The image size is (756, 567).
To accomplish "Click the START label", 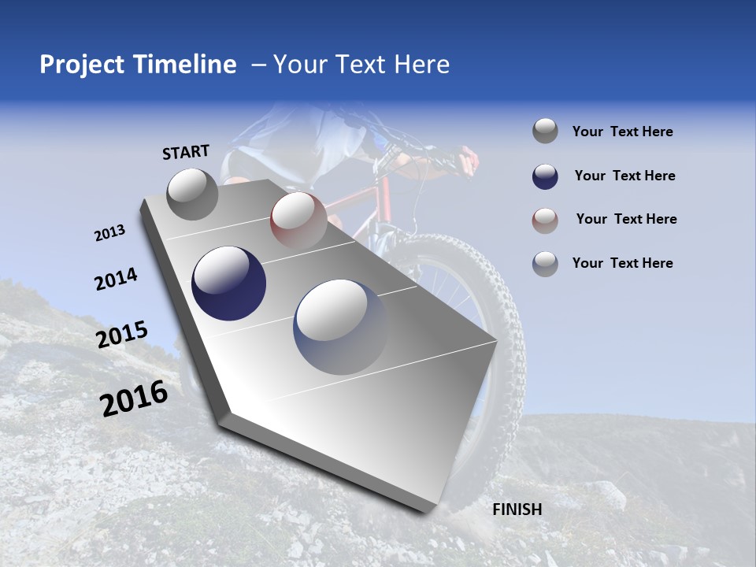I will coord(186,152).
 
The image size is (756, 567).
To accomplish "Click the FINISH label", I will coord(517,510).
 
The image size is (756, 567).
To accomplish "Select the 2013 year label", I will coord(109,233).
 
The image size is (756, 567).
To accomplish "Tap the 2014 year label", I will coord(116,279).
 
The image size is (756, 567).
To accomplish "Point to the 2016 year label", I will coord(134,398).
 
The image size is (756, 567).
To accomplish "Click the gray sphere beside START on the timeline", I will coord(193,194).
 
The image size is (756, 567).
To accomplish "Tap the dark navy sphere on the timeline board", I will coord(228,283).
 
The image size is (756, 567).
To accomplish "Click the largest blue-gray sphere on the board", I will coord(341,326).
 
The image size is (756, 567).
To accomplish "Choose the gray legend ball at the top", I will coord(545,132).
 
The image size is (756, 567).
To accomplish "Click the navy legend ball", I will coord(545,176).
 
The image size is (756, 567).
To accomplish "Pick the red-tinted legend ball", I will coord(545,220).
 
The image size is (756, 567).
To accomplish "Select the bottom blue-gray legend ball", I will coord(545,263).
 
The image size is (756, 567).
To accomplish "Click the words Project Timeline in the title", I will coord(138,65).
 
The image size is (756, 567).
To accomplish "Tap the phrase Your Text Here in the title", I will coord(361,65).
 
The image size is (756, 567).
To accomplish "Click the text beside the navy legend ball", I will coord(624,176).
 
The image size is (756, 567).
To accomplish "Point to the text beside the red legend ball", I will coord(626,219).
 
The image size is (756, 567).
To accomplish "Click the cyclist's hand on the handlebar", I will coord(469,157).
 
